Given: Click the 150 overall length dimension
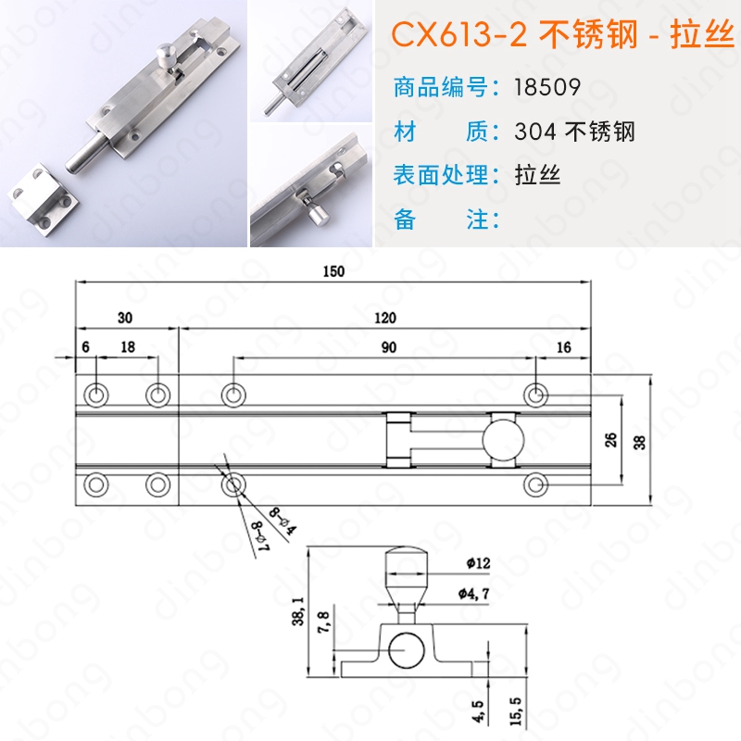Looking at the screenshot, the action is tap(333, 271).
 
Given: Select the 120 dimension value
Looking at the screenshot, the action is tap(385, 318).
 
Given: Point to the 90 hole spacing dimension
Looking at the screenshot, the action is tap(388, 347).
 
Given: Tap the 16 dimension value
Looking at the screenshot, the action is tap(563, 347).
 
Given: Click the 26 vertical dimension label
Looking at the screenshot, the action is tap(610, 440).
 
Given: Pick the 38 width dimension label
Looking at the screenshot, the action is tap(639, 443).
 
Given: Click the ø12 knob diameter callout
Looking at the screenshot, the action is tap(478, 563).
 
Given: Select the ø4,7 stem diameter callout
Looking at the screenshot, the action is tap(473, 594).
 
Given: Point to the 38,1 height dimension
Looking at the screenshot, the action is tap(298, 611).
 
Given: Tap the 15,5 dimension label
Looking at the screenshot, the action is tap(516, 711).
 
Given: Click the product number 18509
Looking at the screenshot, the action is tap(547, 87).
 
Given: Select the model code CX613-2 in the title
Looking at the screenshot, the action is tap(458, 34).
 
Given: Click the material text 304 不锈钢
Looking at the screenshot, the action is tap(574, 131).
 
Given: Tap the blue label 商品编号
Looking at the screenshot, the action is tap(441, 87).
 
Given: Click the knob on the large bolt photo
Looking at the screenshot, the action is tap(167, 55).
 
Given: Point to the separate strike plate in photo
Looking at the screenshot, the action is tap(43, 194).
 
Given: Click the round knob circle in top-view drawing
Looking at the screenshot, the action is tap(503, 439).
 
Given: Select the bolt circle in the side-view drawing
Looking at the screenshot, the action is tap(407, 650).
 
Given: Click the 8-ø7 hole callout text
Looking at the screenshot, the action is tap(261, 535).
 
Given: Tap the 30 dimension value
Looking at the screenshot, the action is tap(125, 318).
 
